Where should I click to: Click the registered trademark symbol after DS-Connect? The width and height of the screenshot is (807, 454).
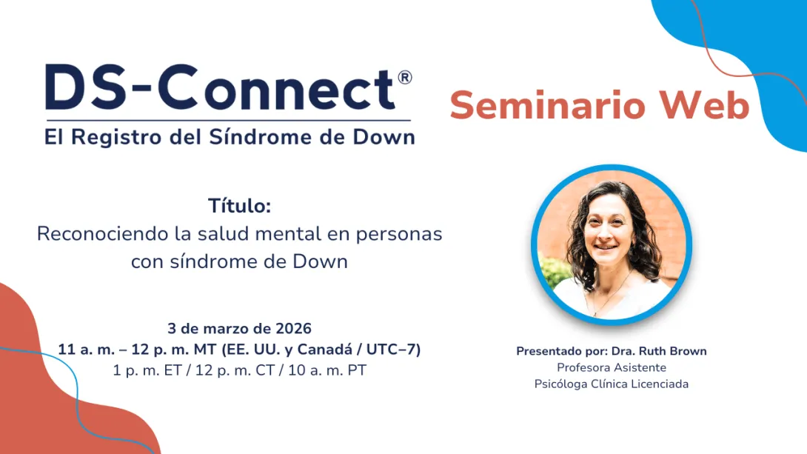point(404,78)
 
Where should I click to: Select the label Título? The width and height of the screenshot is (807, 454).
point(239,207)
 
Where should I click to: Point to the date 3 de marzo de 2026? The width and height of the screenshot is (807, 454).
point(239,328)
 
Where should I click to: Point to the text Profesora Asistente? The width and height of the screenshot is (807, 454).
point(612,367)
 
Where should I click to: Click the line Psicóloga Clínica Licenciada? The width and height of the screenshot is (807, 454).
point(612,384)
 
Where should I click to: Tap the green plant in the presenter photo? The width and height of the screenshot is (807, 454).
point(555,271)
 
